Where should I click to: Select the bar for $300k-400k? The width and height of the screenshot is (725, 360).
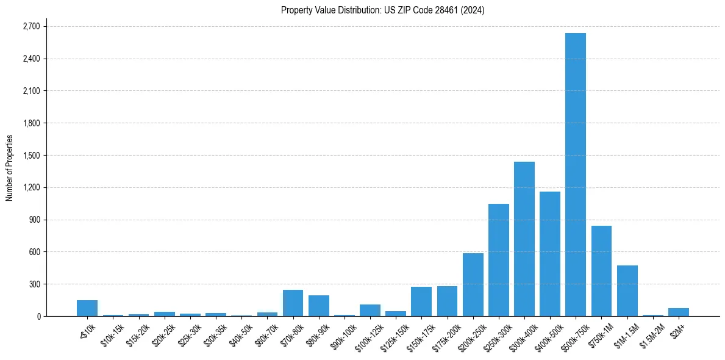tap(524, 239)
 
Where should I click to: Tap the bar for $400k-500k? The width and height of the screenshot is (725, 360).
tap(549, 254)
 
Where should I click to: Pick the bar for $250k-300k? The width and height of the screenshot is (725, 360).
tap(498, 260)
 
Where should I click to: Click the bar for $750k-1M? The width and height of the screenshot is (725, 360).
tap(601, 271)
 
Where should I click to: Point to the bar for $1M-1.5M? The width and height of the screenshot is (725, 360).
tap(627, 291)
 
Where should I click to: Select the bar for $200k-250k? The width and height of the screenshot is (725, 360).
tap(473, 284)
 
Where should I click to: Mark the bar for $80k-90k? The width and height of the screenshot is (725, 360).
tap(318, 306)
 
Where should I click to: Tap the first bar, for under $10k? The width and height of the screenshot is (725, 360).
tap(87, 308)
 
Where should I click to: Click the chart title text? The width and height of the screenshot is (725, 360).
tap(382, 10)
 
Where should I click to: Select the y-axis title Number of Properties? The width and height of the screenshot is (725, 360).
tap(9, 168)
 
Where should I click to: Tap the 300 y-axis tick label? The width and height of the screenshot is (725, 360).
tap(34, 284)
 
